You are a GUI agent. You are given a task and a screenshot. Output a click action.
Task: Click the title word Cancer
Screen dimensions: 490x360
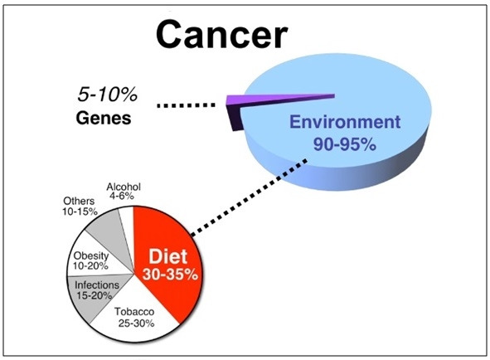coord(221,34)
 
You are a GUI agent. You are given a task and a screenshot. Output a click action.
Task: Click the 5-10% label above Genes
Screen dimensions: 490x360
coord(108,94)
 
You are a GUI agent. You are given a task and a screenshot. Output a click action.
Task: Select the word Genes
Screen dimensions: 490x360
coord(104,119)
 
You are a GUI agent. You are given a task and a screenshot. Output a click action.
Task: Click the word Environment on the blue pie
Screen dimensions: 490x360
coord(345,122)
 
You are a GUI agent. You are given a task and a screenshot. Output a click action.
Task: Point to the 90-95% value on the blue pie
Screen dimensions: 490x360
coord(345,144)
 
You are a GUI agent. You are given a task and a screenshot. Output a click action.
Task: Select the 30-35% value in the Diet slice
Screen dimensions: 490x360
coord(170,275)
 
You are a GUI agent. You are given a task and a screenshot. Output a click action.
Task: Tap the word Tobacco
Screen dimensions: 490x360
coord(134,312)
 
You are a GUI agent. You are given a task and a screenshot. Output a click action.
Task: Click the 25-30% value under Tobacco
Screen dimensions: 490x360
coord(136,324)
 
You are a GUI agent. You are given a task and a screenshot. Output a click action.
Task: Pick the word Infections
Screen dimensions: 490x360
coord(97,285)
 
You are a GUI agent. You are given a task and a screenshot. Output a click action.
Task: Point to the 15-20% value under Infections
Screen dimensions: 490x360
coord(94,295)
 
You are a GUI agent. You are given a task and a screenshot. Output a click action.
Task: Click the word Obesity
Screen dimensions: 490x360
coord(91,255)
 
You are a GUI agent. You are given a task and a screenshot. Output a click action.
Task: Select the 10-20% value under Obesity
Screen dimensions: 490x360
coord(90,266)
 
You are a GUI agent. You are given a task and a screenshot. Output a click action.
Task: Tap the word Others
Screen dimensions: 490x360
coord(79,201)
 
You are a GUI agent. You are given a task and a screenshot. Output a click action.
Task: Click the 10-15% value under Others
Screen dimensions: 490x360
coord(80,212)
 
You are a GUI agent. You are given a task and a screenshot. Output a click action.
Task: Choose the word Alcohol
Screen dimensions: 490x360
coord(124,187)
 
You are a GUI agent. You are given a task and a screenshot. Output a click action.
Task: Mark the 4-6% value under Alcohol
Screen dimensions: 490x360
coord(122,196)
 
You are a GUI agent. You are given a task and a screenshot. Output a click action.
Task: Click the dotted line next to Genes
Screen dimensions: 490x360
coord(187,105)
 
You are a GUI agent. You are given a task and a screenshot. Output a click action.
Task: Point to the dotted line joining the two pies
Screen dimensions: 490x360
coord(249,197)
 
